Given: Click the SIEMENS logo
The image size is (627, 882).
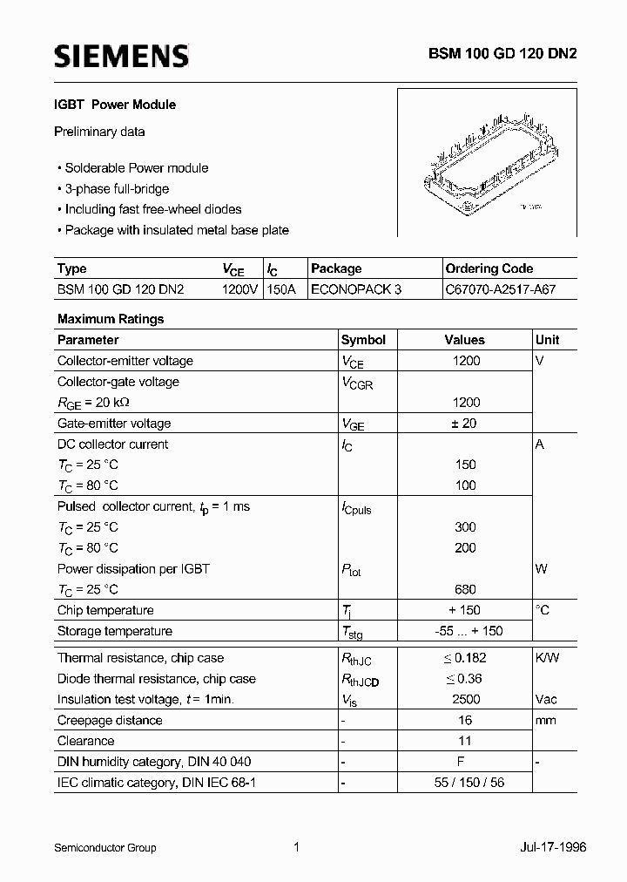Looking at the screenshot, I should pos(121,58).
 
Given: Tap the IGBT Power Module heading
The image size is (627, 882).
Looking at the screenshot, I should pos(116,105).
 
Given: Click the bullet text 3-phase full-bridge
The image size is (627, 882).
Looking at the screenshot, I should pos(117,188).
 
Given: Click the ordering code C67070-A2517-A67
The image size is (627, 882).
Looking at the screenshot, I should pos(499,289).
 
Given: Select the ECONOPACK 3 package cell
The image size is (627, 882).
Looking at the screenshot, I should pos(356,289).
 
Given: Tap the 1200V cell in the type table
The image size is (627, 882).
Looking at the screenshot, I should pos(239,289).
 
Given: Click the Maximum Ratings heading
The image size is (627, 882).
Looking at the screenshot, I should pos(111,319).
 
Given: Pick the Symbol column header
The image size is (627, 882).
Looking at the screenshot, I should pos(363,340).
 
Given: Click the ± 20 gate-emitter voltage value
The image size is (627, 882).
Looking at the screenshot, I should pos(465,424).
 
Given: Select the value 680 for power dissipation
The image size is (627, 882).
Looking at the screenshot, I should pos(465,590).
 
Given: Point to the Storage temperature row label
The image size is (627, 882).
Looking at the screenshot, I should pos(115,631).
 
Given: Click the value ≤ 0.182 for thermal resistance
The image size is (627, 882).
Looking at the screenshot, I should pos(465,658).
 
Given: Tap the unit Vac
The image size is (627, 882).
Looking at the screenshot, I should pos(547,699).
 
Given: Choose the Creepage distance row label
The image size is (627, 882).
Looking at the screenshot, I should pos(110,720).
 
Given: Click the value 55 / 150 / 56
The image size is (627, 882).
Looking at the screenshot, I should pos(465,782).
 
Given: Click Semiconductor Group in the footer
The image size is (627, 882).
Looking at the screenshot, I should pos(104,847).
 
